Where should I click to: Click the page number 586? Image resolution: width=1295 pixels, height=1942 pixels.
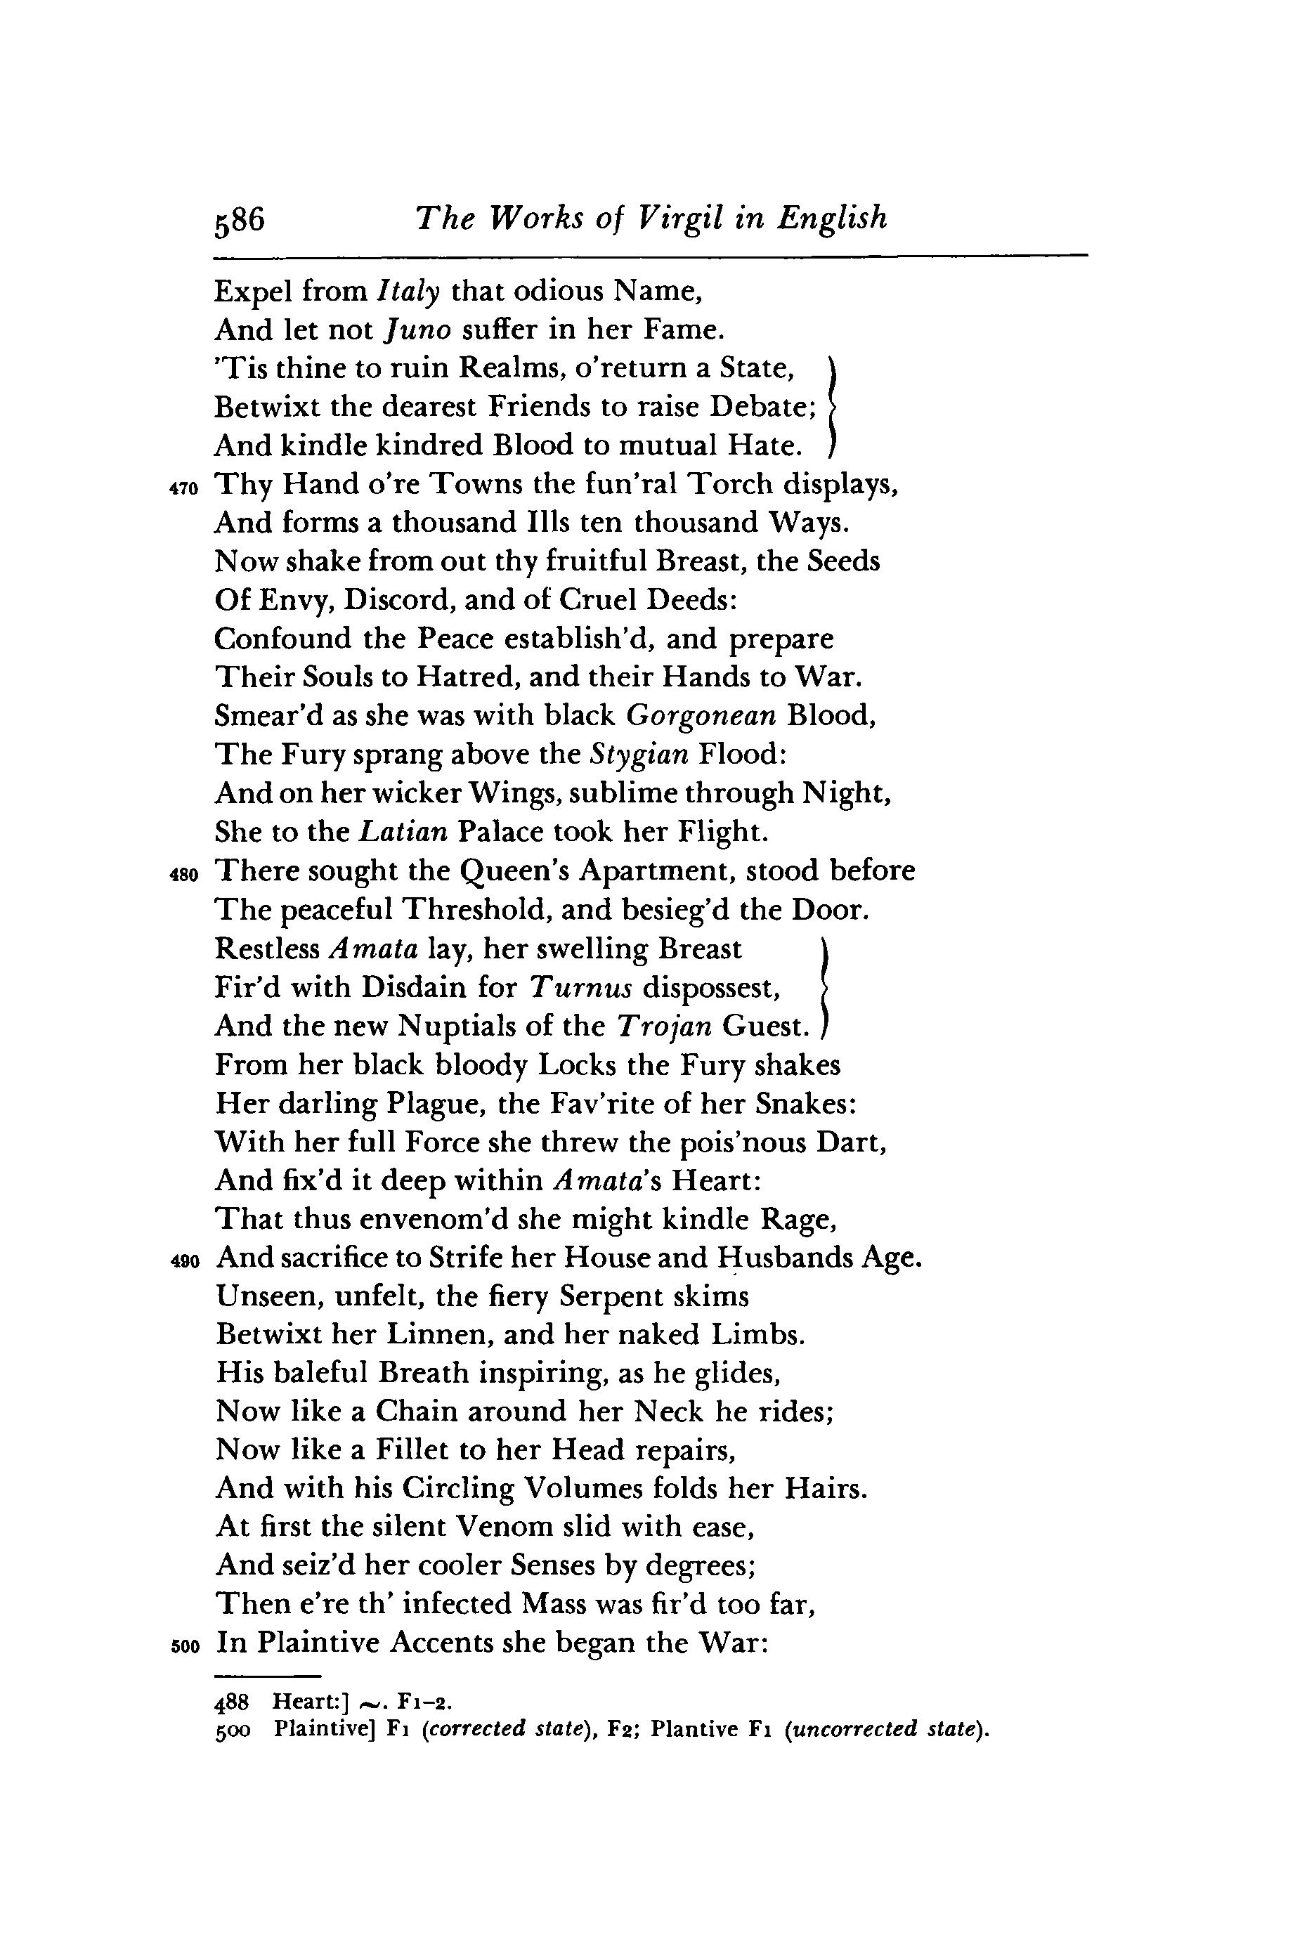coord(239,220)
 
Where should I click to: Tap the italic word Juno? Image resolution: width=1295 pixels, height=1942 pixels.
coord(419,330)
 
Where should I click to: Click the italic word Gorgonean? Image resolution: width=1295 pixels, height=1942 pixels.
coord(701,716)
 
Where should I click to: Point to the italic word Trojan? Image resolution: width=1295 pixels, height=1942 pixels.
coord(665,1026)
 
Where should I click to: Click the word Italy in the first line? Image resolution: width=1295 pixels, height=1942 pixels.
coord(408,291)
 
